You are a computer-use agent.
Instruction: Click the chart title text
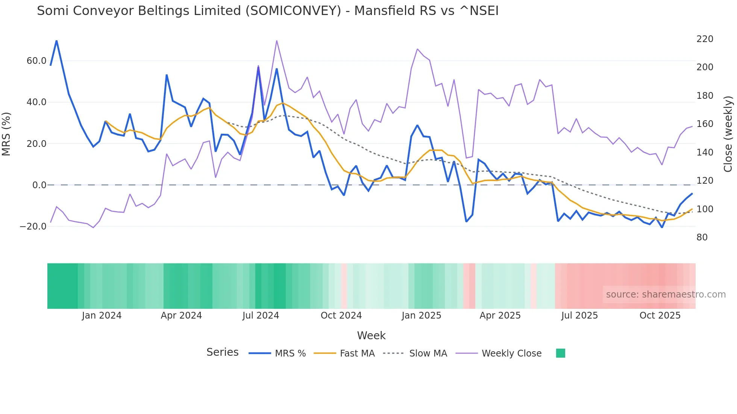pyautogui.click(x=267, y=11)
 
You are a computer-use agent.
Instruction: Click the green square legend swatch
pyautogui.click(x=560, y=353)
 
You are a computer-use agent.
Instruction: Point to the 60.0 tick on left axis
pyautogui.click(x=36, y=61)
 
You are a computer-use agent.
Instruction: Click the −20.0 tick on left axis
pyautogui.click(x=33, y=227)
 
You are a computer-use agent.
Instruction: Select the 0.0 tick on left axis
pyautogui.click(x=39, y=185)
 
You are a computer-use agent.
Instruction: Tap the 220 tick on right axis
pyautogui.click(x=705, y=39)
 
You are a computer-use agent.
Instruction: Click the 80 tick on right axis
pyautogui.click(x=702, y=237)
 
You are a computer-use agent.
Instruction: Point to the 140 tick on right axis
pyautogui.click(x=705, y=153)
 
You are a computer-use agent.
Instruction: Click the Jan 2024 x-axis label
pyautogui.click(x=102, y=316)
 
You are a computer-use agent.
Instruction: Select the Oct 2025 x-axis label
pyautogui.click(x=660, y=316)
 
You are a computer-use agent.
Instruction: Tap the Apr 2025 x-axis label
pyautogui.click(x=500, y=316)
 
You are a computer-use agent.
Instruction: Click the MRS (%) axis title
pyautogui.click(x=6, y=134)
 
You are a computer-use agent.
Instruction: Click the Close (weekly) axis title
pyautogui.click(x=728, y=134)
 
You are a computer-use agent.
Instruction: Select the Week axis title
pyautogui.click(x=371, y=335)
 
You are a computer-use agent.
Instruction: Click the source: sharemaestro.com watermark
pyautogui.click(x=666, y=295)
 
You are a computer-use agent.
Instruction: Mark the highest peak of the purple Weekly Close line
pyautogui.click(x=277, y=41)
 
